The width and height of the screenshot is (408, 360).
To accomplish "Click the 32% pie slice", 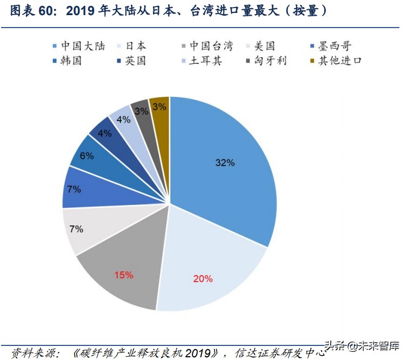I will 224,162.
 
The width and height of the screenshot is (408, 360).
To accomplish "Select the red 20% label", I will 203,279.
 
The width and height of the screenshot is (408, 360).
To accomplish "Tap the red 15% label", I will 123,275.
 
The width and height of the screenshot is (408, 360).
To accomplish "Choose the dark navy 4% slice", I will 104,132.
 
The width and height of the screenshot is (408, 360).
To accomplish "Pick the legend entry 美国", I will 264,46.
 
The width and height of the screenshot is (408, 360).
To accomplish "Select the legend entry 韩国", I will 70,61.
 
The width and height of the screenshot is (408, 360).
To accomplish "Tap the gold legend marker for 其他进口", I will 312,61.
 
